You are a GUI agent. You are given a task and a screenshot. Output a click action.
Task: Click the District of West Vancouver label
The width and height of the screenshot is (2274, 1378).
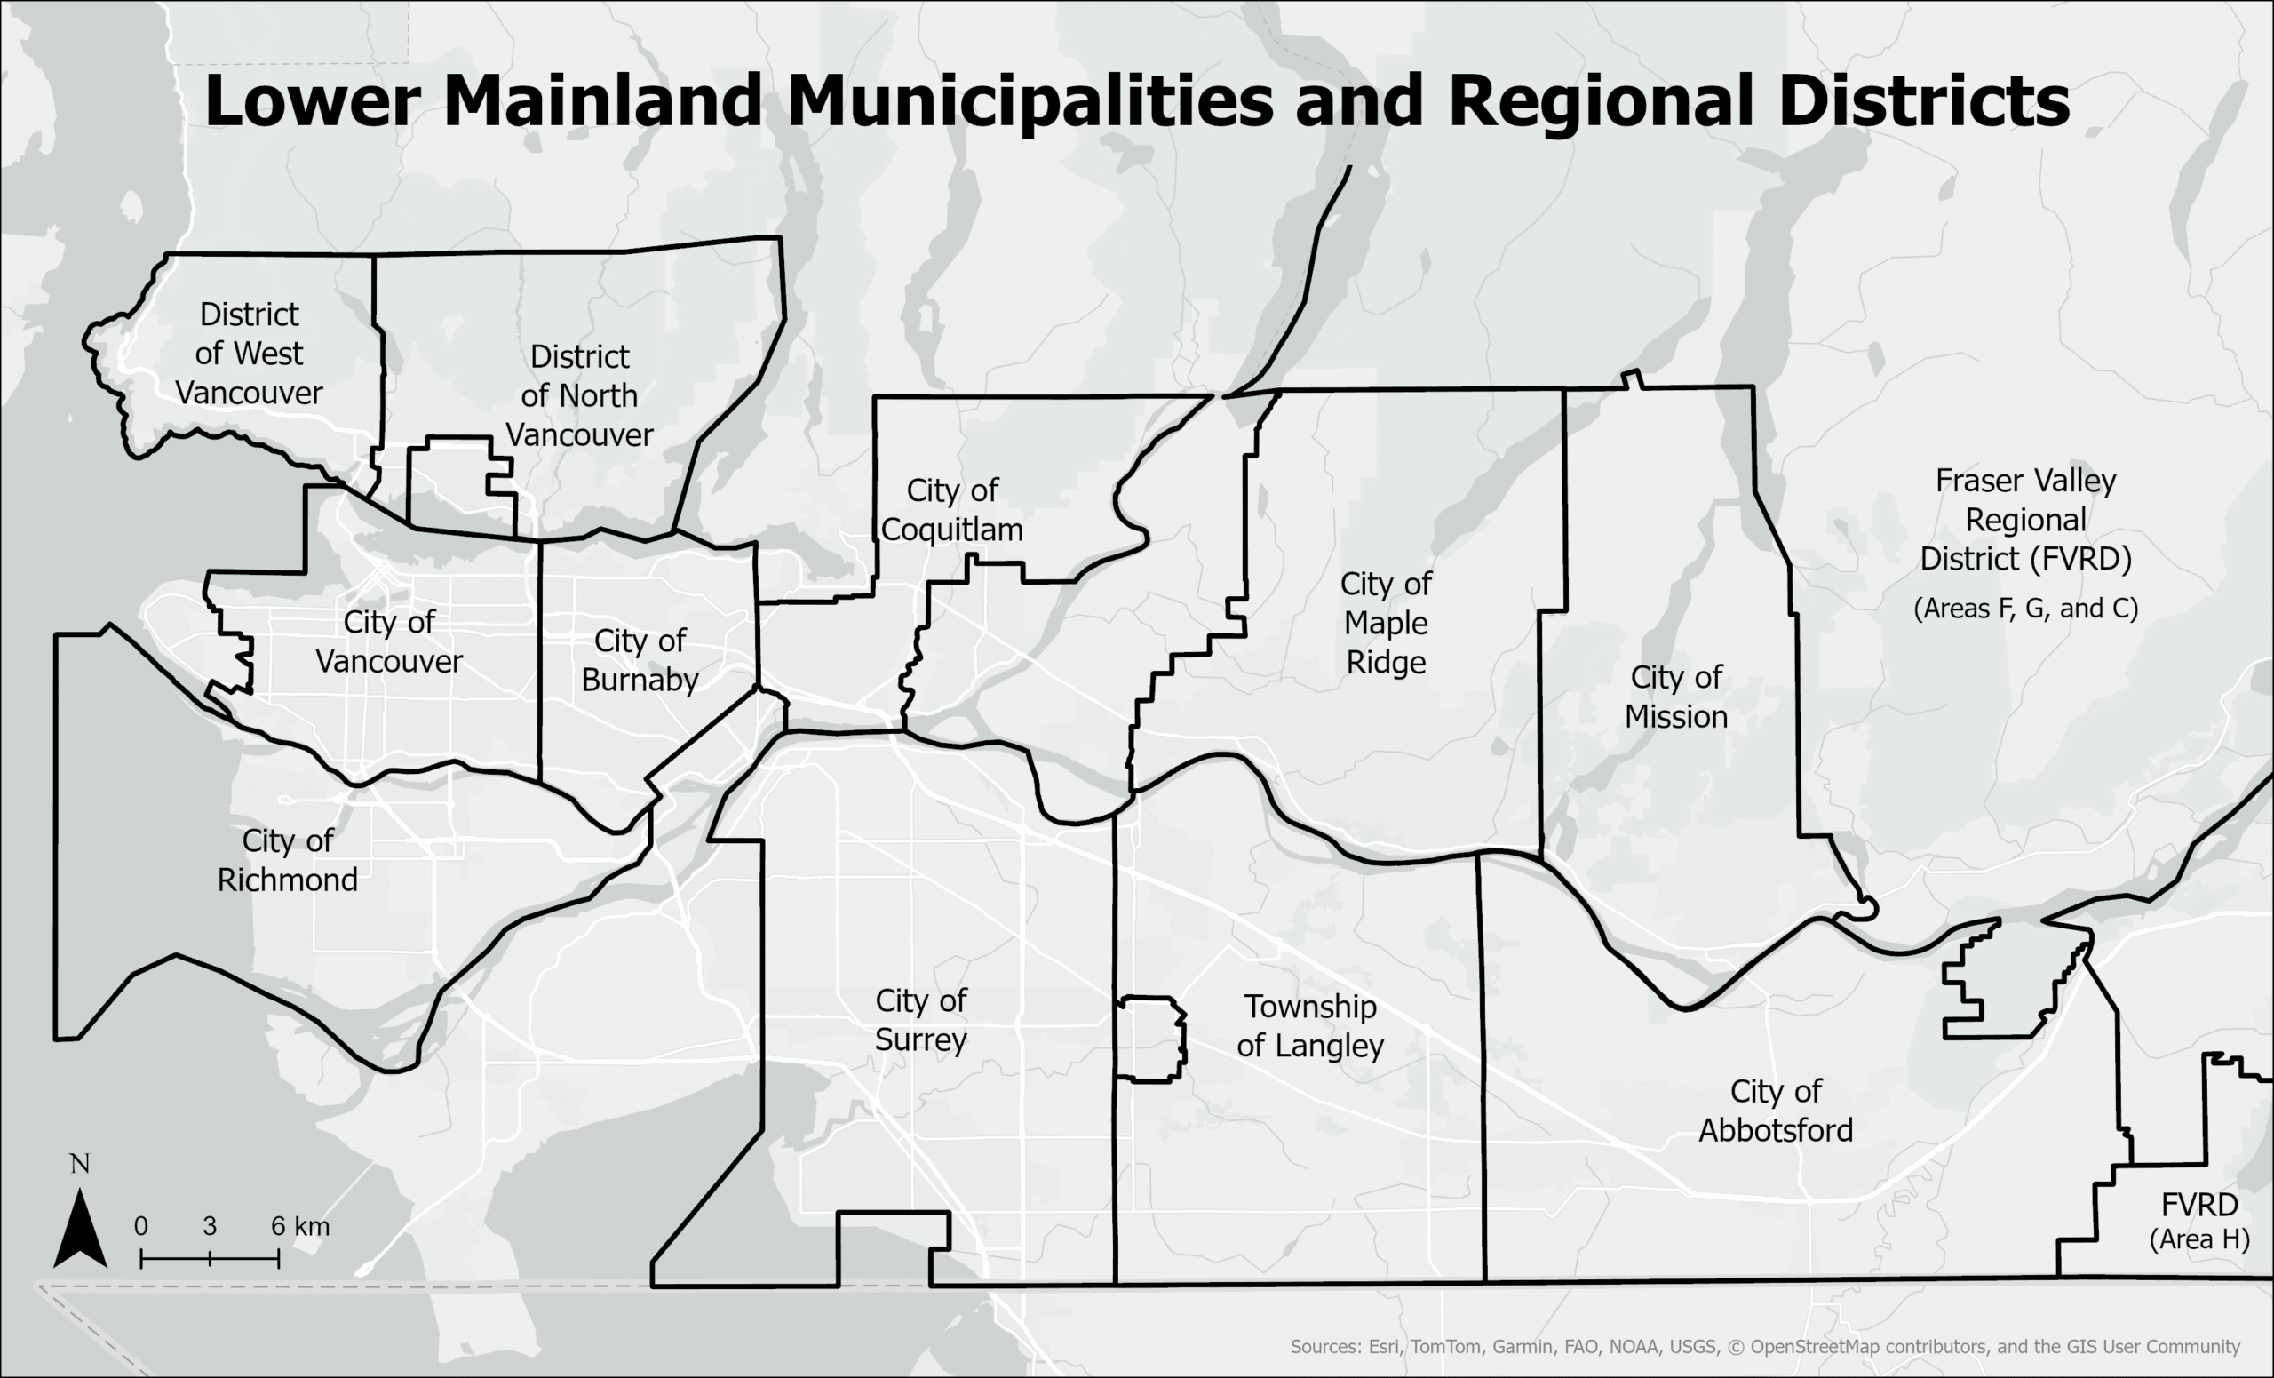[250, 354]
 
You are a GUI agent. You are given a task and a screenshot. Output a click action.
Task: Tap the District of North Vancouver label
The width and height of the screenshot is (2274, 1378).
[579, 396]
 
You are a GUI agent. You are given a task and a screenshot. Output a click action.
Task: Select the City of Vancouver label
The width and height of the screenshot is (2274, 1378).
[388, 641]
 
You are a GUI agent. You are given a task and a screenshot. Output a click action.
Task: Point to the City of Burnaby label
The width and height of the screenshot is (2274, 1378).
[640, 660]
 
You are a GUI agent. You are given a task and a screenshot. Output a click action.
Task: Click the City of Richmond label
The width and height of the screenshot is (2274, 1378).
[287, 860]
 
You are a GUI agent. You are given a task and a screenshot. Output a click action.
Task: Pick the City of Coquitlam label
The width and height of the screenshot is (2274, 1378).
[951, 509]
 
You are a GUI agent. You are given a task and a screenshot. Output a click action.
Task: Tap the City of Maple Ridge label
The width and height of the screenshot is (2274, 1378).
[1385, 623]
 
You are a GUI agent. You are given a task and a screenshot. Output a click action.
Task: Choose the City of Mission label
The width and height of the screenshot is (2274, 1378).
[1676, 697]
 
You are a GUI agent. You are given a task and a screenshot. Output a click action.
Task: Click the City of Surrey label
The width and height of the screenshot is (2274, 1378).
[920, 1020]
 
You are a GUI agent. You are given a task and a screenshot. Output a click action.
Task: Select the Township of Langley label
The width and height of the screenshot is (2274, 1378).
[1309, 1025]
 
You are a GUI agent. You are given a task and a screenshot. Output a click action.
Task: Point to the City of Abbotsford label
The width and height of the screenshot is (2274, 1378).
[1776, 1111]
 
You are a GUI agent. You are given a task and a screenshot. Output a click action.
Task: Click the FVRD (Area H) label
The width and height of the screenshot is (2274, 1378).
[2199, 1221]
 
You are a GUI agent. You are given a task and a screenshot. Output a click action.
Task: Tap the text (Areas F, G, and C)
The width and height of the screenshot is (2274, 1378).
[2026, 609]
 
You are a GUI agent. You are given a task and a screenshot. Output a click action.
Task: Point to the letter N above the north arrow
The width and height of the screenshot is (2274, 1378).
[80, 1165]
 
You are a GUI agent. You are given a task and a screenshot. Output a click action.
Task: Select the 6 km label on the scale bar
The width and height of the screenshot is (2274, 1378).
[300, 1227]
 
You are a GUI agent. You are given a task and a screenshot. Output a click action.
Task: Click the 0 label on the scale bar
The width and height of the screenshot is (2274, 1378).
[140, 1227]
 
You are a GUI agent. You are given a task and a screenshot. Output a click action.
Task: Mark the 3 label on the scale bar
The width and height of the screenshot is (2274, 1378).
[210, 1227]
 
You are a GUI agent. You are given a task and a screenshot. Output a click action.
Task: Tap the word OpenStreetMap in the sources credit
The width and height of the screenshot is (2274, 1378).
[1814, 1347]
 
